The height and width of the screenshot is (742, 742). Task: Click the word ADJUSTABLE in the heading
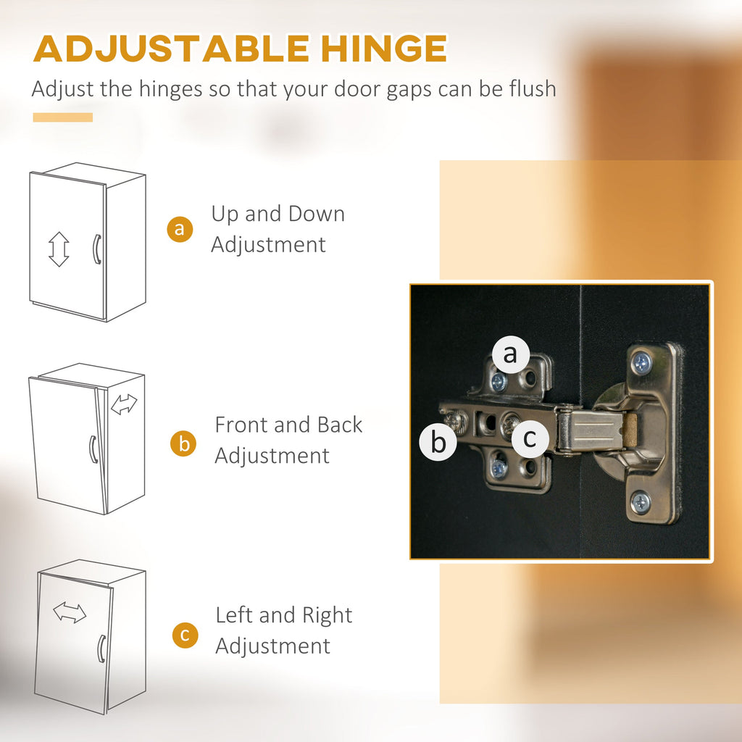click(x=171, y=49)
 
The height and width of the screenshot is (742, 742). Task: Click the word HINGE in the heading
click(x=384, y=49)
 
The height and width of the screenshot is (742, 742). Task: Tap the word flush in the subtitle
click(x=533, y=88)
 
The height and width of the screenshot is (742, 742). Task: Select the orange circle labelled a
click(x=180, y=229)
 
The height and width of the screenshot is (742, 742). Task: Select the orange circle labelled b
click(x=183, y=443)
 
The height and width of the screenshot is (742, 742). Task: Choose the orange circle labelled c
click(x=185, y=635)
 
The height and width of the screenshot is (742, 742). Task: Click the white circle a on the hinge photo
click(x=511, y=354)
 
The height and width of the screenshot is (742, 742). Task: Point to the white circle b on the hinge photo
click(x=438, y=442)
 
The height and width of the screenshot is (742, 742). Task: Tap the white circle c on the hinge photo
click(x=530, y=438)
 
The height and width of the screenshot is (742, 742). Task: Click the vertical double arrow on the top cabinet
click(x=59, y=249)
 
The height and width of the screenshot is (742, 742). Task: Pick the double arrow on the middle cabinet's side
click(x=124, y=404)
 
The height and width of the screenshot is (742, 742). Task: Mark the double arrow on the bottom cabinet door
click(x=70, y=612)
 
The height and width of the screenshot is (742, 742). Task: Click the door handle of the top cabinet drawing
click(x=96, y=249)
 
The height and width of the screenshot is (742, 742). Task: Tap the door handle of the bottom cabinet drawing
click(x=101, y=649)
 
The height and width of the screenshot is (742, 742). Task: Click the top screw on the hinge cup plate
click(x=642, y=363)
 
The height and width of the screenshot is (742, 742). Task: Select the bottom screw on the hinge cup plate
click(x=641, y=502)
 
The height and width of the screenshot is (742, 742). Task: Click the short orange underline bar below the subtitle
click(x=63, y=117)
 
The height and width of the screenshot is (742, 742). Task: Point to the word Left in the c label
click(x=234, y=615)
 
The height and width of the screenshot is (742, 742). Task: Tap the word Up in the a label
click(x=225, y=214)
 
